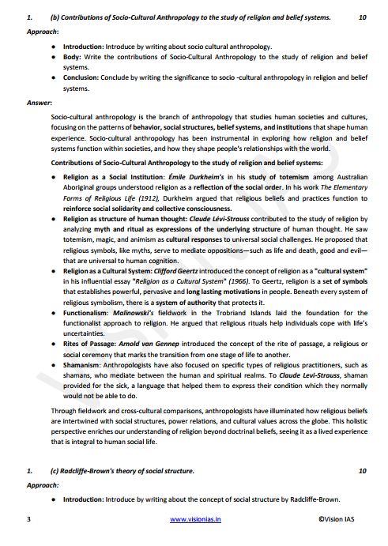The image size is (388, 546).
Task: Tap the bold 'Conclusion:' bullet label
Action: (x=83, y=78)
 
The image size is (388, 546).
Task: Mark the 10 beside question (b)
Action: (x=362, y=16)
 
